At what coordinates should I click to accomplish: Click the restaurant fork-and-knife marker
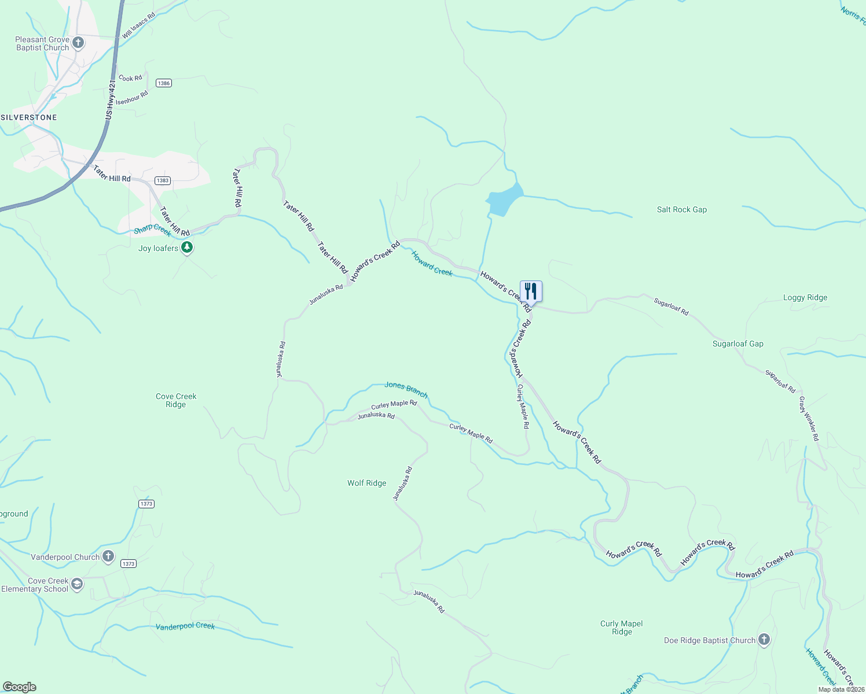[531, 291]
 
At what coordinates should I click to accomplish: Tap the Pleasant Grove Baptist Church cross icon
[78, 43]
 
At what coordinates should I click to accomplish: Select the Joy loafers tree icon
[186, 248]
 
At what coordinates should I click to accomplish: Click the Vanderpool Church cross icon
[108, 557]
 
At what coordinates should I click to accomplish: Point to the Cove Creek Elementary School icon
[77, 585]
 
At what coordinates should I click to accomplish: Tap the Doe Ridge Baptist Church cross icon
[764, 640]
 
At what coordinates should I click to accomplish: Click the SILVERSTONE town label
[29, 117]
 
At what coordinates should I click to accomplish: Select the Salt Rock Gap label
[681, 210]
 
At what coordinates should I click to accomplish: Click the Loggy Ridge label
[805, 298]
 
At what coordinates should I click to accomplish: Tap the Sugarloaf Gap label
[737, 344]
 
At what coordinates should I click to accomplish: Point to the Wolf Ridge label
[366, 483]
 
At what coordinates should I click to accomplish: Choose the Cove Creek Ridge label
[176, 400]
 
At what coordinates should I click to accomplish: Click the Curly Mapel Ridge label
[621, 627]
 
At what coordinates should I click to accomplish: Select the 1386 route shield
[164, 83]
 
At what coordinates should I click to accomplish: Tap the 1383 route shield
[163, 181]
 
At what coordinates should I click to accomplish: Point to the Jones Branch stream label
[406, 390]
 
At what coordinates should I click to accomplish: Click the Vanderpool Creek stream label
[185, 626]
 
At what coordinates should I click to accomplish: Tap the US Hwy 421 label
[111, 101]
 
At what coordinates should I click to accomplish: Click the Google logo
[20, 686]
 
